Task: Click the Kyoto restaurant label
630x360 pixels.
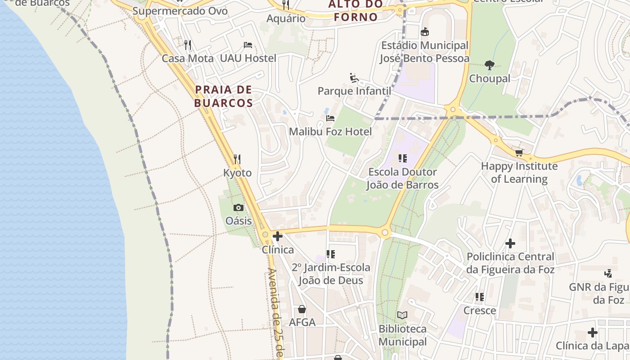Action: (237, 173)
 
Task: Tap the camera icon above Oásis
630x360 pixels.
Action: (238, 207)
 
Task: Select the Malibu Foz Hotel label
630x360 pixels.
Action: (330, 131)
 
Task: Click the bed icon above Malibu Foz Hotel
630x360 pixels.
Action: (330, 118)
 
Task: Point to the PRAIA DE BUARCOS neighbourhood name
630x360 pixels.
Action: (224, 96)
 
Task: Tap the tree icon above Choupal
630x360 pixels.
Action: (490, 65)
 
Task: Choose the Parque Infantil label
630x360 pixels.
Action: (354, 91)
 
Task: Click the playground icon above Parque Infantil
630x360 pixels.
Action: (354, 78)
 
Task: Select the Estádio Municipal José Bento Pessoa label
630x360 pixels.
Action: (424, 52)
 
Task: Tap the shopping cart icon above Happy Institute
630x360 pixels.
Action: (519, 153)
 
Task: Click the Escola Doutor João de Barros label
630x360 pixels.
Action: (402, 178)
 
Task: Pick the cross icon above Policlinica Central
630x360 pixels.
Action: (510, 243)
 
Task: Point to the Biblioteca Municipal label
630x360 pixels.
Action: (402, 335)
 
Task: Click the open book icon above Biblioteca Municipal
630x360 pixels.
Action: (402, 315)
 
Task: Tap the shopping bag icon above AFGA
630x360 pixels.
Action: (302, 309)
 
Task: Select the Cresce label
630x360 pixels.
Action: (480, 310)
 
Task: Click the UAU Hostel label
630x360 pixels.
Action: (248, 58)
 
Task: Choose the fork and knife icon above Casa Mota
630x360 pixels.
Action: (188, 45)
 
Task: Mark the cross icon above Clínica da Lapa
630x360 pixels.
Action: (593, 333)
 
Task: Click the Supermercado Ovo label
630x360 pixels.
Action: (180, 11)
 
